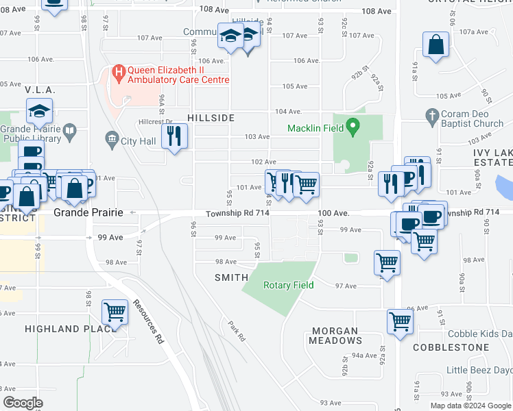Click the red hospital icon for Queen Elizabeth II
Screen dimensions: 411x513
119,71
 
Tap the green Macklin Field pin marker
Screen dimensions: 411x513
353,126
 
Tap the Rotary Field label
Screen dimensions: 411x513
288,285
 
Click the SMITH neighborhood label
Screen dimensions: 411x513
231,277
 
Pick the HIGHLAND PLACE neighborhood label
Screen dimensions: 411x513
69,329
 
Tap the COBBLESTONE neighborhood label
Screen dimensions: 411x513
450,347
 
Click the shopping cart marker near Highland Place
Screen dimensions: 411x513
115,312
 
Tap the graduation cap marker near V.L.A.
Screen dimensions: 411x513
40,110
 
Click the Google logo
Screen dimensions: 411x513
23,403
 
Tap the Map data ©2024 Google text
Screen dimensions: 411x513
470,406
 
